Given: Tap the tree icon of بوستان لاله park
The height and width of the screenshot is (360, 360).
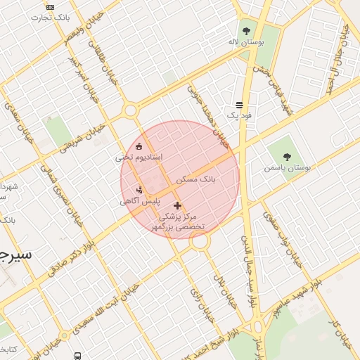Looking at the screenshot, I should (246, 31).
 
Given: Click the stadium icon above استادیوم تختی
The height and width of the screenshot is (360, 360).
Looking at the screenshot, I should (139, 146).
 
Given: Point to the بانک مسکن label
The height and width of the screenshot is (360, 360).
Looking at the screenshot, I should (196, 180).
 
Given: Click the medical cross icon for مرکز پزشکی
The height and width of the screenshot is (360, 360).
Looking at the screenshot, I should (177, 206).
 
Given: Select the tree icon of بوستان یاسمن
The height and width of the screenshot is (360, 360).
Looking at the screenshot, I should (289, 156).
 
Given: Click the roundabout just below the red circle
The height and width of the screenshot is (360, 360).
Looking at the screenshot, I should (200, 242).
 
